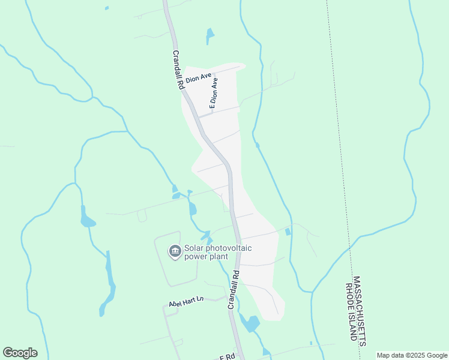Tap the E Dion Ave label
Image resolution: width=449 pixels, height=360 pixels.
pos(214,92)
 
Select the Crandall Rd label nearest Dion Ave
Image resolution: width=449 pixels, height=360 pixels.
pos(178,69)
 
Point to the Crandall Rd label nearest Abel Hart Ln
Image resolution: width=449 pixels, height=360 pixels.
pos(233,289)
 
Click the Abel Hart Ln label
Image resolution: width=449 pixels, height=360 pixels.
pos(187,301)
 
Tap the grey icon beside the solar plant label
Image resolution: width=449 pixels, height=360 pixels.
pos(175,251)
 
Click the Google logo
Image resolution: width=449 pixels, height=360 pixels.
pos(20,353)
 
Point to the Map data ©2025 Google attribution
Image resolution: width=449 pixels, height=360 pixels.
pos(412,355)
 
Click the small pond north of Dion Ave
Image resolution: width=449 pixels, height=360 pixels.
pos(209,35)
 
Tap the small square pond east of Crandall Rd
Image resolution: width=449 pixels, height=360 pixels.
pos(288,232)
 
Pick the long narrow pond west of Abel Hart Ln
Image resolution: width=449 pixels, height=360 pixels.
pos(108,282)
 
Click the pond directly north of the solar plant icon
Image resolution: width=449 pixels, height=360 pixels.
pos(192,208)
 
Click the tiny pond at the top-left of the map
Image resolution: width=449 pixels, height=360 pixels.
pos(107,8)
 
